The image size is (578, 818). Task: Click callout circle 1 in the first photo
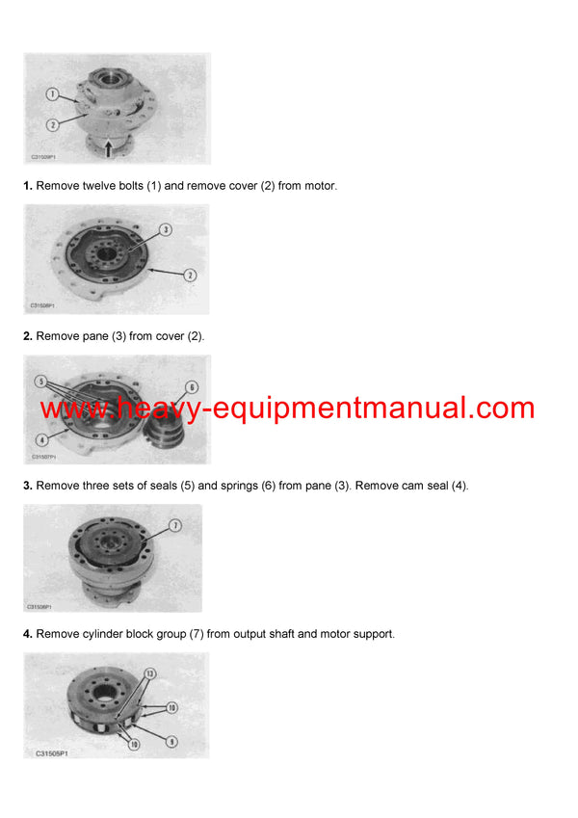click(53, 94)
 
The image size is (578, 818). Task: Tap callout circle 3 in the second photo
click(165, 230)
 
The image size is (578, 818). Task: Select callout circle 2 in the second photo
click(190, 276)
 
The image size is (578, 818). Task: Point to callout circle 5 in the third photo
click(41, 382)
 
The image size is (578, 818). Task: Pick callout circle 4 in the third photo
click(41, 439)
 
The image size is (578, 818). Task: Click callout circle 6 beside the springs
click(191, 387)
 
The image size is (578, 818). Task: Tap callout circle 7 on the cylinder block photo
click(175, 526)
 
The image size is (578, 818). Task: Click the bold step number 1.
click(28, 186)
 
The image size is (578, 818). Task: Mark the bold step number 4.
click(28, 634)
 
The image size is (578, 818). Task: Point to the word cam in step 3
click(399, 485)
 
